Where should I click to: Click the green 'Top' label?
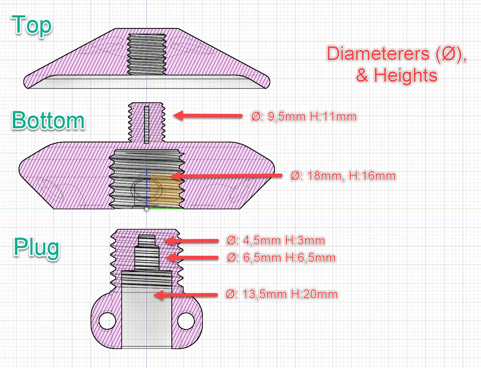tap(32, 26)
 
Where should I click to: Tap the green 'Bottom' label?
tap(48, 120)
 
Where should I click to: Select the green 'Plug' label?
tap(36, 248)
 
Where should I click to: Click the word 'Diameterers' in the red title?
tap(378, 53)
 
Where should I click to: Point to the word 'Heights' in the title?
tap(406, 75)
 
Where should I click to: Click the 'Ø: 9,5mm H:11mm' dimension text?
tap(304, 116)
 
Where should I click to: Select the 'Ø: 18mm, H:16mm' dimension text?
tap(343, 176)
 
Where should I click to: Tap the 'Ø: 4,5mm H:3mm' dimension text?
tap(275, 241)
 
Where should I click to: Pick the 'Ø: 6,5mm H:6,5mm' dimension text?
tap(281, 258)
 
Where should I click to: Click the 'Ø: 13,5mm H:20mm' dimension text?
tap(281, 294)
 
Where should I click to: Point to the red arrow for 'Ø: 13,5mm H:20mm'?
tap(186, 295)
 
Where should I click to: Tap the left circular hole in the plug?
tap(107, 321)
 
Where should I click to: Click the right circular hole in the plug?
tap(186, 321)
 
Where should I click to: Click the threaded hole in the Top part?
tap(146, 54)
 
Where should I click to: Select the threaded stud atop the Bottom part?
tap(146, 122)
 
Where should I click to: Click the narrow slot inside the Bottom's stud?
tap(146, 125)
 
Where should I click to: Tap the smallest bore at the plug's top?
tap(147, 241)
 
